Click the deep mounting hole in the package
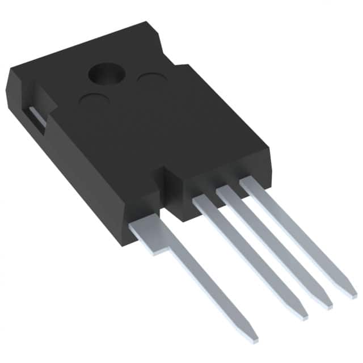tap(105, 74)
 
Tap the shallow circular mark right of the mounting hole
tap(151, 80)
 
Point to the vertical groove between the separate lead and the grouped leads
tap(170, 193)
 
